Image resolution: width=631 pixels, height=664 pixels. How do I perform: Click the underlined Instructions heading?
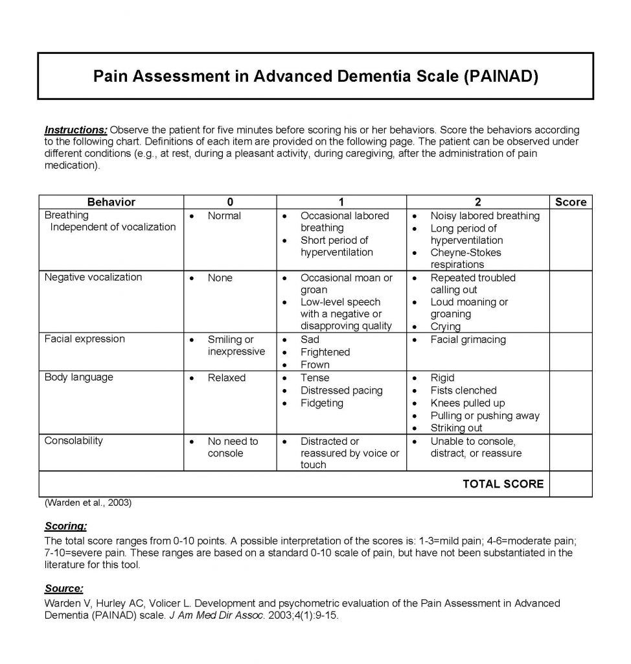pos(76,130)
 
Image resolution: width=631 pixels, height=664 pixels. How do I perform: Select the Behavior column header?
pos(111,202)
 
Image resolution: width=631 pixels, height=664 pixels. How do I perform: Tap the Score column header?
pos(570,202)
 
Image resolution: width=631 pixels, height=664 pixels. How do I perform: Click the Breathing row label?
pos(67,215)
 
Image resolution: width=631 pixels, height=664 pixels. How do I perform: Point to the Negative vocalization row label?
pos(93,278)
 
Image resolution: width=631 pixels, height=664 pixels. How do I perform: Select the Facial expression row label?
pos(84,339)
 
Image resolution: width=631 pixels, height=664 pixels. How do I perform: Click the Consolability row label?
pos(73,441)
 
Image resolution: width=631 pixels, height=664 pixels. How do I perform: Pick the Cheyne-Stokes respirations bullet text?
pos(465,258)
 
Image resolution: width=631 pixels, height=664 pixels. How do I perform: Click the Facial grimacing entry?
pos(468,340)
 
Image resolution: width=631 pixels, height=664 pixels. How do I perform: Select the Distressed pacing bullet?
pos(341,390)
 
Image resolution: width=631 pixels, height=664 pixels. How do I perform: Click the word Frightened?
pos(325,352)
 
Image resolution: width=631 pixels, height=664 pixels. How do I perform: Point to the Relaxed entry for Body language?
pos(226,378)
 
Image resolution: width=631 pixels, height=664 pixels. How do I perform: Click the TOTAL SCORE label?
pos(503,484)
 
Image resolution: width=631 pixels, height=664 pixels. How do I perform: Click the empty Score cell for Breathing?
pos(570,239)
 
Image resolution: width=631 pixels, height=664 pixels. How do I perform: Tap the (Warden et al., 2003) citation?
pos(87,503)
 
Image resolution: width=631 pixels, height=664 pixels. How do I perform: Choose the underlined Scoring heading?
pos(65,526)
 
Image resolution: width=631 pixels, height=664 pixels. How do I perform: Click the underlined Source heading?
pos(63,588)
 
